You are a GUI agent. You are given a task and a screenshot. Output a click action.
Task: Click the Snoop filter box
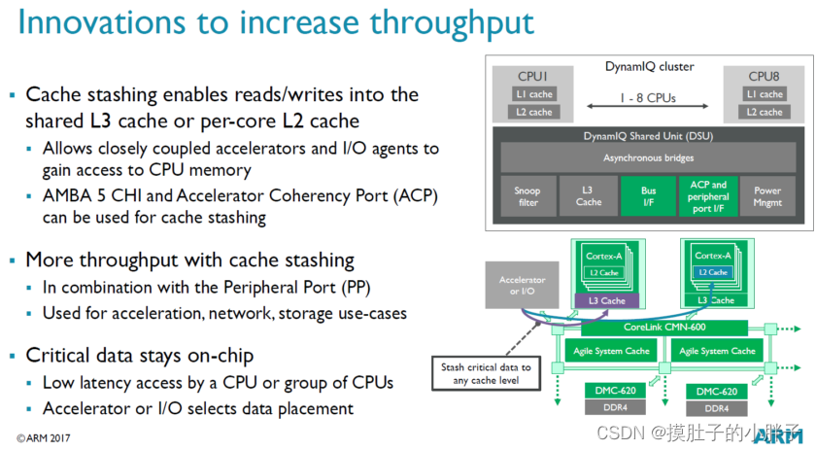click(527, 195)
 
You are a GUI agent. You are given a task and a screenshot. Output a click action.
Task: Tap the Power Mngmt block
click(767, 195)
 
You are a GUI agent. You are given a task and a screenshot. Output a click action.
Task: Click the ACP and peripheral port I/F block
click(707, 195)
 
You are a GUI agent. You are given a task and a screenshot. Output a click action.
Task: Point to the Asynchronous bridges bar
click(647, 156)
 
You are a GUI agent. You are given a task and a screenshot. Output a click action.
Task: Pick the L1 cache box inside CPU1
click(533, 94)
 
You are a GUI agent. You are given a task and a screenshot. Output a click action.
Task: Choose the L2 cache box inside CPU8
click(764, 112)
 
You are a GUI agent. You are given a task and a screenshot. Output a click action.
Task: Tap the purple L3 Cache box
click(608, 300)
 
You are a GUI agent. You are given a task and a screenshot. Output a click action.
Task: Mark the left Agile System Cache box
click(610, 351)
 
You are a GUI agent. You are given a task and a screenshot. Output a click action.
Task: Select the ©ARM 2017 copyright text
click(45, 437)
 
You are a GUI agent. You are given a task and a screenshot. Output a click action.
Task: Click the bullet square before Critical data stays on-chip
click(13, 356)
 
